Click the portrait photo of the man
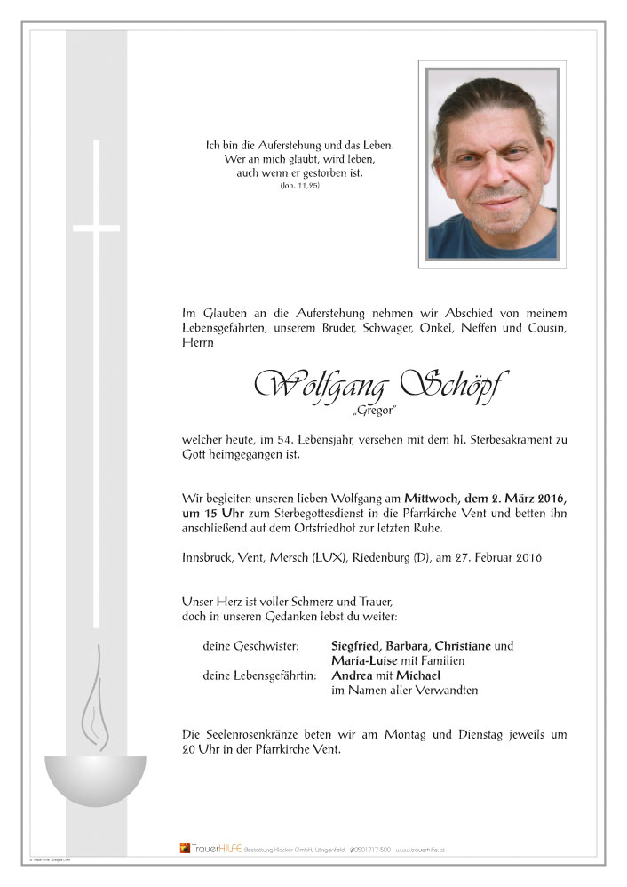(x=492, y=164)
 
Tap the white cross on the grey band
(x=96, y=228)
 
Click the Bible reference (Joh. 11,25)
(x=299, y=188)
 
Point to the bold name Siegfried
(x=361, y=645)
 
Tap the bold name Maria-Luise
(x=367, y=660)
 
